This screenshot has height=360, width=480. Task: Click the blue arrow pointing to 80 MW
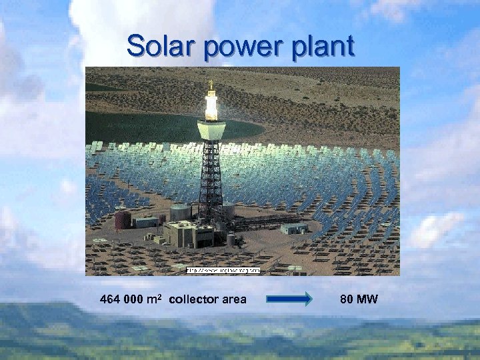(289, 299)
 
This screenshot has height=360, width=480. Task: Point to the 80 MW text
(359, 299)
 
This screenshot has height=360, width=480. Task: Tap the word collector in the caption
(194, 299)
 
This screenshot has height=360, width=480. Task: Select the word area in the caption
(234, 299)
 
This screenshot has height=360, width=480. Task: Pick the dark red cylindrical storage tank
(123, 219)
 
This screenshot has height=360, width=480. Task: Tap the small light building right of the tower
(294, 228)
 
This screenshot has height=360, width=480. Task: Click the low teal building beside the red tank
(146, 221)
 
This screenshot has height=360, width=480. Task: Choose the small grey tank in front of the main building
(231, 239)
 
